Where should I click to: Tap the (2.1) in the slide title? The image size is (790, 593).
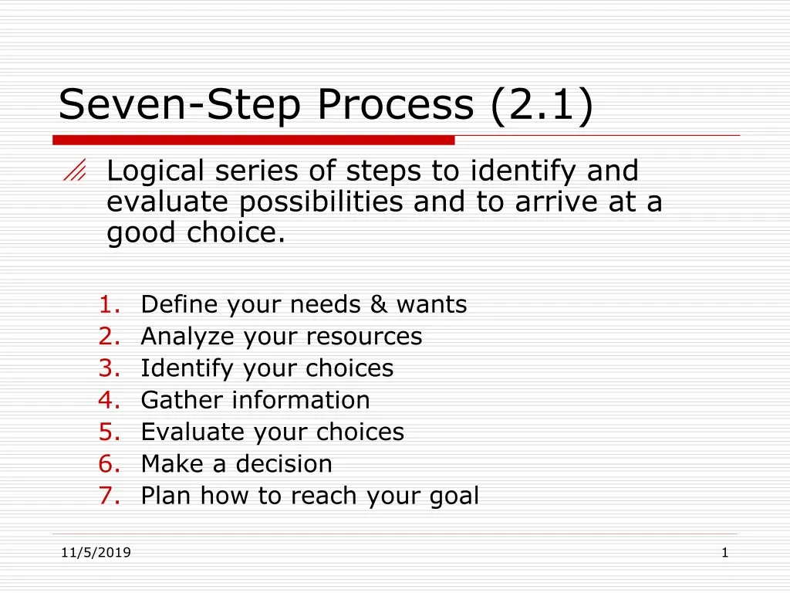click(x=542, y=104)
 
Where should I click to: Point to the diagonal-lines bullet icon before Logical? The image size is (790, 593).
click(x=75, y=174)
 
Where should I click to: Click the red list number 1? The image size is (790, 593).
click(x=109, y=305)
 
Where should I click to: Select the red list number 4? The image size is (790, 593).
click(x=109, y=400)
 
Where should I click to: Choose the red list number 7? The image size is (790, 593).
click(x=109, y=496)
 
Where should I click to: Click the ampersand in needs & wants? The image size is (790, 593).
click(x=379, y=305)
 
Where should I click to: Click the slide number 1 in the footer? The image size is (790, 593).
click(x=725, y=552)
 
